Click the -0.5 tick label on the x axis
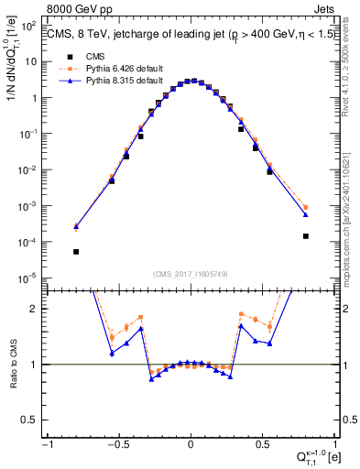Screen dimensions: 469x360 (117, 443)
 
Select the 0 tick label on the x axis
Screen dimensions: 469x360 (190, 443)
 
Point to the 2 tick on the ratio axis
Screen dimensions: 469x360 (36, 309)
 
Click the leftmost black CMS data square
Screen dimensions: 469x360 (76, 251)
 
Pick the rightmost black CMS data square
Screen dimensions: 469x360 (305, 235)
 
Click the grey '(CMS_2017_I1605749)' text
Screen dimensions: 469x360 (191, 274)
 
